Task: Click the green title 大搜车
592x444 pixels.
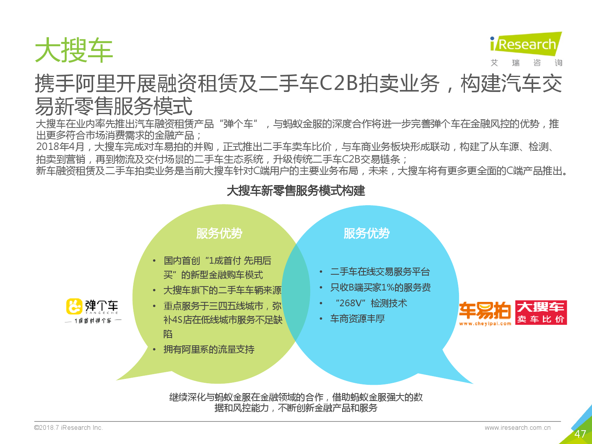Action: [74, 50]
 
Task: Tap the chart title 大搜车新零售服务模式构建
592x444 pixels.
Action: [296, 191]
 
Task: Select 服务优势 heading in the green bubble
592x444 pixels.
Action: [219, 233]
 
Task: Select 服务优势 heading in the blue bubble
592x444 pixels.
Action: [367, 233]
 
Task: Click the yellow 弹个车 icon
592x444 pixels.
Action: [74, 306]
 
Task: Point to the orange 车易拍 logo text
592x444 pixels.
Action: [485, 310]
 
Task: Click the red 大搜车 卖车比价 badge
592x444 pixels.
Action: [541, 313]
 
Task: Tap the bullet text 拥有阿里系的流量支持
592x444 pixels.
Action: [209, 349]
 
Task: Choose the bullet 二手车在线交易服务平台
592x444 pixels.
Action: [380, 272]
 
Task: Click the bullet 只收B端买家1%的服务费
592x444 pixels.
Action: [380, 287]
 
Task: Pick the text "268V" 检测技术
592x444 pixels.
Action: [371, 303]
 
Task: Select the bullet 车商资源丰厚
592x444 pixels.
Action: [358, 318]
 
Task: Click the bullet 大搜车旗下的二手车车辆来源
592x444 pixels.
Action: [223, 290]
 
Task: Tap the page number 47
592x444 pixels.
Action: [580, 434]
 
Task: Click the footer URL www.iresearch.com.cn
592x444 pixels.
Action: [517, 427]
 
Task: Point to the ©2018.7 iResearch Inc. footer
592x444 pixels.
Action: [69, 427]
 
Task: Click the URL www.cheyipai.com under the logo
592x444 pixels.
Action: [485, 324]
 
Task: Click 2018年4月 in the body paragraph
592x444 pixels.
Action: [60, 147]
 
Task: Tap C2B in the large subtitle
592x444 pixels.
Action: [339, 84]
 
